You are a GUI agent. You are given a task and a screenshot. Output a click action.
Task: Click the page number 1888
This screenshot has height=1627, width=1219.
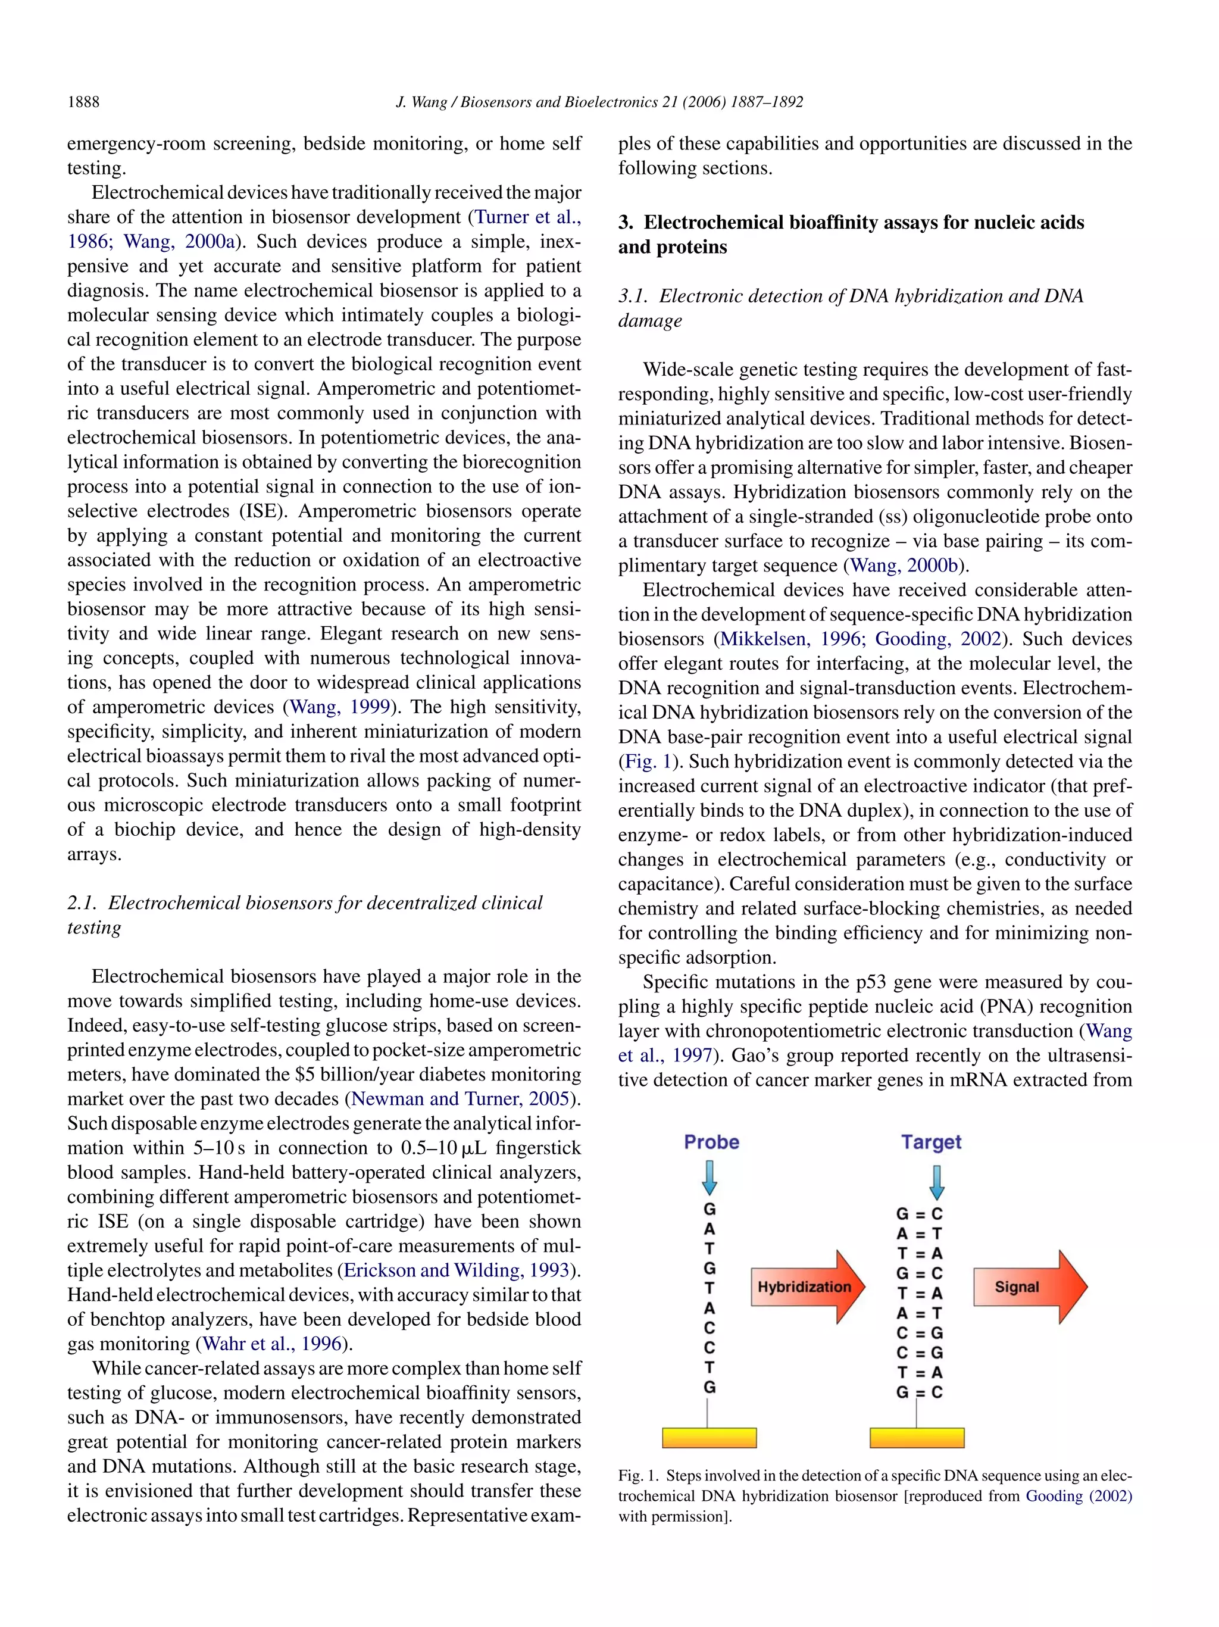tap(83, 102)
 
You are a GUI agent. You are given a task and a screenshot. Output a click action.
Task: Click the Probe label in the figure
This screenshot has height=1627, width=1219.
tap(711, 1142)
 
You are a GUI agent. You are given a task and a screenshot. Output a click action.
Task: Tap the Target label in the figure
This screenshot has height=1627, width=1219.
tap(931, 1142)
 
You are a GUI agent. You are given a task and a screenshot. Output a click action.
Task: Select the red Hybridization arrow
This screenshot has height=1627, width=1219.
tap(807, 1286)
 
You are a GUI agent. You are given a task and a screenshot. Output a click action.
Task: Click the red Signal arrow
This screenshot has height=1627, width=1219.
tap(1029, 1286)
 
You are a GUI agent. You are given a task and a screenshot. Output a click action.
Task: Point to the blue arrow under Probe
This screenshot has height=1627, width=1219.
tap(709, 1177)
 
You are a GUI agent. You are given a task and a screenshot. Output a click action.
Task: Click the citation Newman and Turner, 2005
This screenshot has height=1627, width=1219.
tap(460, 1099)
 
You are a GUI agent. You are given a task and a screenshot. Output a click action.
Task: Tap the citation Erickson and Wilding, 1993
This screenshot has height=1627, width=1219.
tap(457, 1270)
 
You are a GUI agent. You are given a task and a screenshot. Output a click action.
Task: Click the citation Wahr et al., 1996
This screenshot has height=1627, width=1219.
tap(272, 1344)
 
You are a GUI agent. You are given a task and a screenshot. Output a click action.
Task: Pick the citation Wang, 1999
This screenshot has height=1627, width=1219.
tap(340, 707)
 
